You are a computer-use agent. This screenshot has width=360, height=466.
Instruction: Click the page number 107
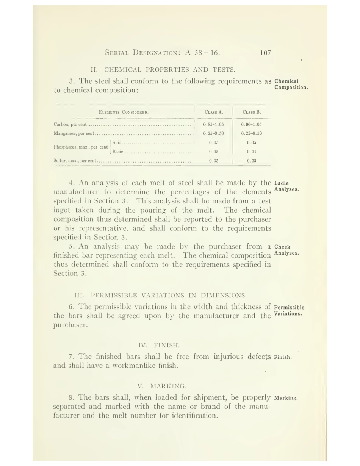[265, 53]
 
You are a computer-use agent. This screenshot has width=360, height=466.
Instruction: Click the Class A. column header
[214, 112]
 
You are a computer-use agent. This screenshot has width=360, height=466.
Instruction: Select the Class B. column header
[252, 112]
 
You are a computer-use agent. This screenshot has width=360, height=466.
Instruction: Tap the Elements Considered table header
[124, 112]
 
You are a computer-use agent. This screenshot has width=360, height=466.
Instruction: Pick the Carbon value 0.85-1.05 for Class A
[213, 124]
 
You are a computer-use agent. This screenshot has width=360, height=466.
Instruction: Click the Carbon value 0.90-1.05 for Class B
[251, 124]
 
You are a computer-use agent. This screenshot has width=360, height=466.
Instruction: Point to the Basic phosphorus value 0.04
[251, 152]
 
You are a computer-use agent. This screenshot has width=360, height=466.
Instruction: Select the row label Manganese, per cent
[74, 133]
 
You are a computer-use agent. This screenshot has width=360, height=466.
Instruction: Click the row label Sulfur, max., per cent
[75, 161]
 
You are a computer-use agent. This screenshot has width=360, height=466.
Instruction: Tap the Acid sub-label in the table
[117, 143]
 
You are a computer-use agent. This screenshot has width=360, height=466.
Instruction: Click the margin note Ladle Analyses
[286, 186]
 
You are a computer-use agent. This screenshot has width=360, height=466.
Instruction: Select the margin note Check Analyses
[286, 250]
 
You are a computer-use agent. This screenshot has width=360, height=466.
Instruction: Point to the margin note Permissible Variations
[289, 311]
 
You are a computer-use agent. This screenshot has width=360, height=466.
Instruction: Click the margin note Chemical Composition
[291, 84]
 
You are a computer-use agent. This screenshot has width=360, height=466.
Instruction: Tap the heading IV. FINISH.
[159, 345]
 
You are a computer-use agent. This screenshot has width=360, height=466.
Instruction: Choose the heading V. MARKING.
[162, 386]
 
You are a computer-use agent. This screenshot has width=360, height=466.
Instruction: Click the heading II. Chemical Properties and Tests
[163, 70]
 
